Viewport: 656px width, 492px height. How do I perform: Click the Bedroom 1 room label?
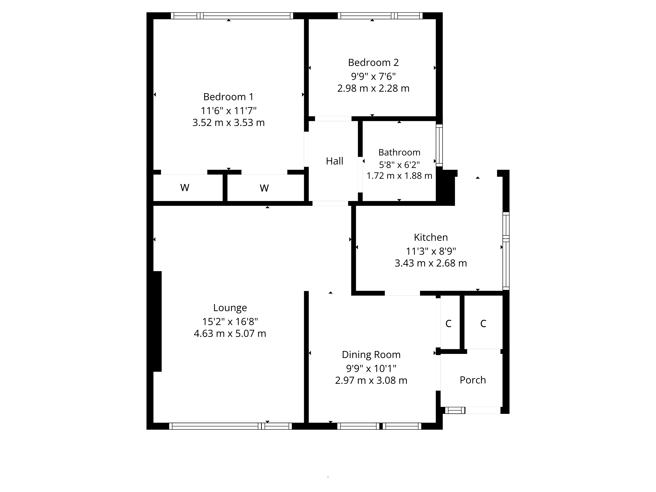(228, 97)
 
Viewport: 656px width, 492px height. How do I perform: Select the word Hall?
(335, 161)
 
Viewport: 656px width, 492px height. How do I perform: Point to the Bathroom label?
(399, 152)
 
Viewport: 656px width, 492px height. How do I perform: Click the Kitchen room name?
(431, 237)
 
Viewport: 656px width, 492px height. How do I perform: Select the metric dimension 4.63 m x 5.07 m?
(230, 333)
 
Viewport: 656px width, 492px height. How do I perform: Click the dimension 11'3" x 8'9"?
(431, 251)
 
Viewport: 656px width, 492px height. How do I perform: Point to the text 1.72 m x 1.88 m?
(399, 176)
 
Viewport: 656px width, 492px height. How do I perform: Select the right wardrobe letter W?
(264, 188)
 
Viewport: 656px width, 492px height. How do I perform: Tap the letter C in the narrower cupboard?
(448, 324)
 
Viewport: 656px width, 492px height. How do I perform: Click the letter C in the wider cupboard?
(483, 324)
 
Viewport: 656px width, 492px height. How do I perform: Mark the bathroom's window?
(439, 145)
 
